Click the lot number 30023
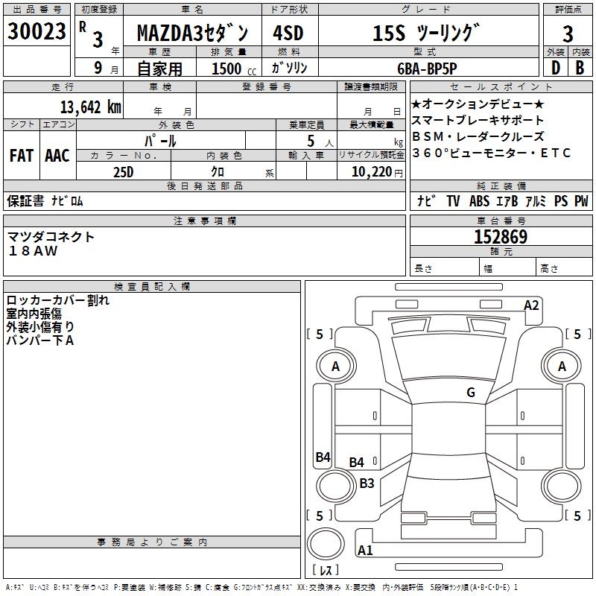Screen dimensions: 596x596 (x=37, y=31)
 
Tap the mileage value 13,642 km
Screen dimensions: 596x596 (x=91, y=107)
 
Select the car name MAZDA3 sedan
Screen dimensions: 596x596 (x=192, y=33)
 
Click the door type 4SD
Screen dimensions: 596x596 (x=288, y=33)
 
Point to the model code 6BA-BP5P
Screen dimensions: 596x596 (x=427, y=69)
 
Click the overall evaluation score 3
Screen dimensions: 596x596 (x=568, y=34)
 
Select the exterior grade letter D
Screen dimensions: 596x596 (x=556, y=68)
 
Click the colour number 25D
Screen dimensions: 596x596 (x=124, y=172)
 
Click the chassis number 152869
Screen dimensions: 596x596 (x=501, y=237)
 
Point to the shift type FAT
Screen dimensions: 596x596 (x=22, y=156)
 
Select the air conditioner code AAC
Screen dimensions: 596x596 (x=57, y=156)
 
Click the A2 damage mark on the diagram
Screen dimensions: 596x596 (x=531, y=305)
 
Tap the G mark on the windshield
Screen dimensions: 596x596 (x=471, y=392)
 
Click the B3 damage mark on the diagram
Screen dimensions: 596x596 (x=367, y=483)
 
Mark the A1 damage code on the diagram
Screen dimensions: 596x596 (x=365, y=550)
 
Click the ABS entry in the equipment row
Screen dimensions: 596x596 (x=479, y=200)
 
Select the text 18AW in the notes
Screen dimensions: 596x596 (x=33, y=251)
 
